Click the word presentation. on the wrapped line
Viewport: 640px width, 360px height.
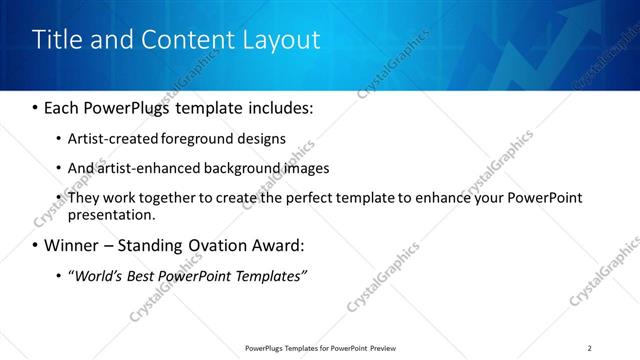111,214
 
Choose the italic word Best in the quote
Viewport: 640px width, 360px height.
144,275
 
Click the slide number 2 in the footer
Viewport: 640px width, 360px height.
590,348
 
